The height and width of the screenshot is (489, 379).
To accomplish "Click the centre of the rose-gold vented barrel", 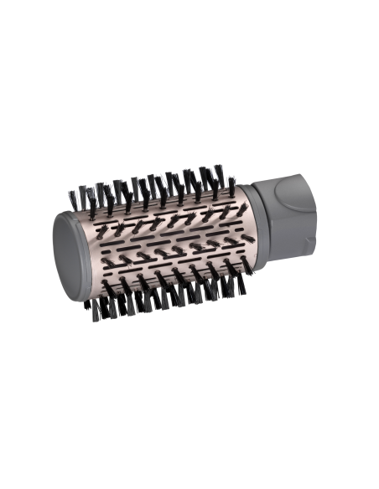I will [159, 234].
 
